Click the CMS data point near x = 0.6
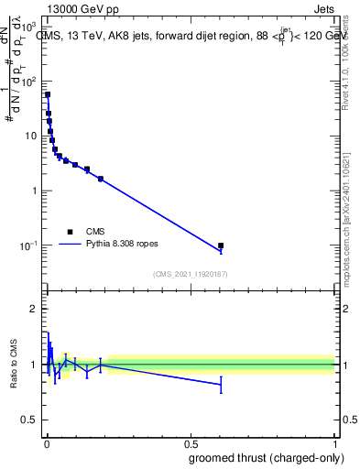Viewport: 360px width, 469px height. point(221,245)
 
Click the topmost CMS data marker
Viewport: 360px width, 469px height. point(48,94)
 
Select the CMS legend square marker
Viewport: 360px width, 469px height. point(70,232)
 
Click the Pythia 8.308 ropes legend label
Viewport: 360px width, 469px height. point(124,245)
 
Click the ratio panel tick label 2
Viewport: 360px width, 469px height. point(33,309)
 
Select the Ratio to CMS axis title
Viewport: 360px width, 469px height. point(13,365)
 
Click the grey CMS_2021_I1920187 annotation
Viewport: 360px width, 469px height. point(191,272)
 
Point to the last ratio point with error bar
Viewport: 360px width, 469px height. point(221,385)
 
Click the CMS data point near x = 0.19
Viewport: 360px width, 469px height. point(101,179)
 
